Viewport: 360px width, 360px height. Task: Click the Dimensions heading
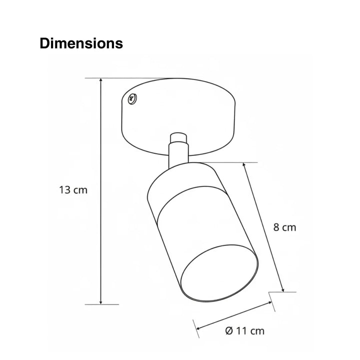coord(81,43)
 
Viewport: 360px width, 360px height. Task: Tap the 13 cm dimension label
coord(73,190)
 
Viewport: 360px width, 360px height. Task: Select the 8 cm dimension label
coord(284,227)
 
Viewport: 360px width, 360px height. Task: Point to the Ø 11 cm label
coord(244,330)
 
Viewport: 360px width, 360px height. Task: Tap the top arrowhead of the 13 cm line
coord(101,80)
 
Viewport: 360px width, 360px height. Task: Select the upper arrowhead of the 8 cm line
coord(244,165)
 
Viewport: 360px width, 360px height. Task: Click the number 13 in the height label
coord(65,190)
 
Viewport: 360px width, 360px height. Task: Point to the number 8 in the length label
coord(277,227)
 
